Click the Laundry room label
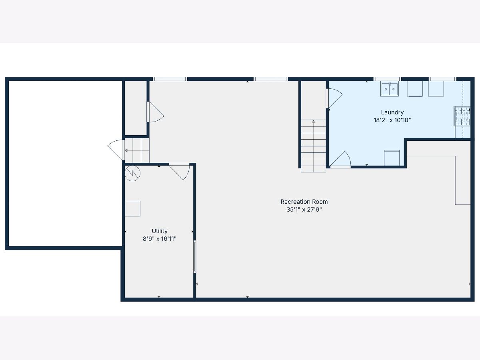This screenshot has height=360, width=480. (x=392, y=112)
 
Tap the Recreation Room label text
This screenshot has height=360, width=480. (x=304, y=202)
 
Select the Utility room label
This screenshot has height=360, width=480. (x=160, y=231)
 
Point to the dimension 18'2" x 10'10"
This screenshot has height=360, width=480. (x=392, y=120)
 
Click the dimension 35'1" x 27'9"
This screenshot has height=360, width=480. (x=304, y=209)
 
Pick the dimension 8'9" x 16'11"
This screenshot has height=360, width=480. (x=160, y=239)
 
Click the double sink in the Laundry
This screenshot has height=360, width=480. (x=390, y=89)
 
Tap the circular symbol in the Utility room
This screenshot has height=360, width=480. (x=132, y=173)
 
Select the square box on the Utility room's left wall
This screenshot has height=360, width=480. (x=132, y=209)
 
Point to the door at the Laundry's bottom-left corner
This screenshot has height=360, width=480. (x=340, y=159)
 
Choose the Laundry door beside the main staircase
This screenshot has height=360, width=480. (x=334, y=98)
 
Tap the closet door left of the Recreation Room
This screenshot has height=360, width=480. (x=155, y=112)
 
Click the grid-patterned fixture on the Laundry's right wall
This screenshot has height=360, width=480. (x=462, y=116)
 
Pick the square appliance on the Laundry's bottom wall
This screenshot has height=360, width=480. (x=392, y=158)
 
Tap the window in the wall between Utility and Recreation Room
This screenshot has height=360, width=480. (x=195, y=257)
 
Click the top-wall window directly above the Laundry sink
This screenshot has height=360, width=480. (x=387, y=79)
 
